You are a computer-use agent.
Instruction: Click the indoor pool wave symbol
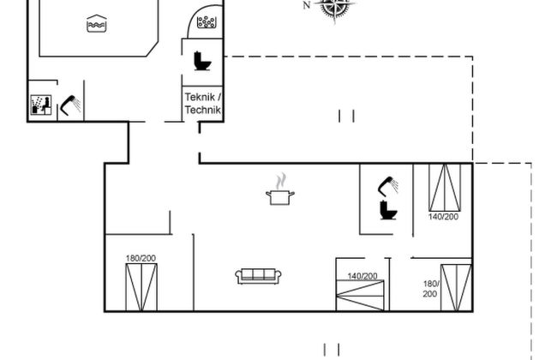[94, 26]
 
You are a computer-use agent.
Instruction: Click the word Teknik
[202, 97]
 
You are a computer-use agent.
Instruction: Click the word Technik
[202, 110]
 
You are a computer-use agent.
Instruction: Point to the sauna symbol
[40, 105]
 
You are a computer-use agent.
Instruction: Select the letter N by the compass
[307, 5]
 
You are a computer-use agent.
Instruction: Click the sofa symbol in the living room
[258, 276]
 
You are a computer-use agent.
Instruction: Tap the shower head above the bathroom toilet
[390, 184]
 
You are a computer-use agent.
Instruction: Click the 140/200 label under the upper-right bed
[443, 217]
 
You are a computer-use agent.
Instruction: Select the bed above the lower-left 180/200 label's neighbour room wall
[141, 286]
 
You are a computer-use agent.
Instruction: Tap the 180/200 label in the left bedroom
[141, 258]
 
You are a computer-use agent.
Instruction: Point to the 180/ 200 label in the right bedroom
[430, 288]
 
